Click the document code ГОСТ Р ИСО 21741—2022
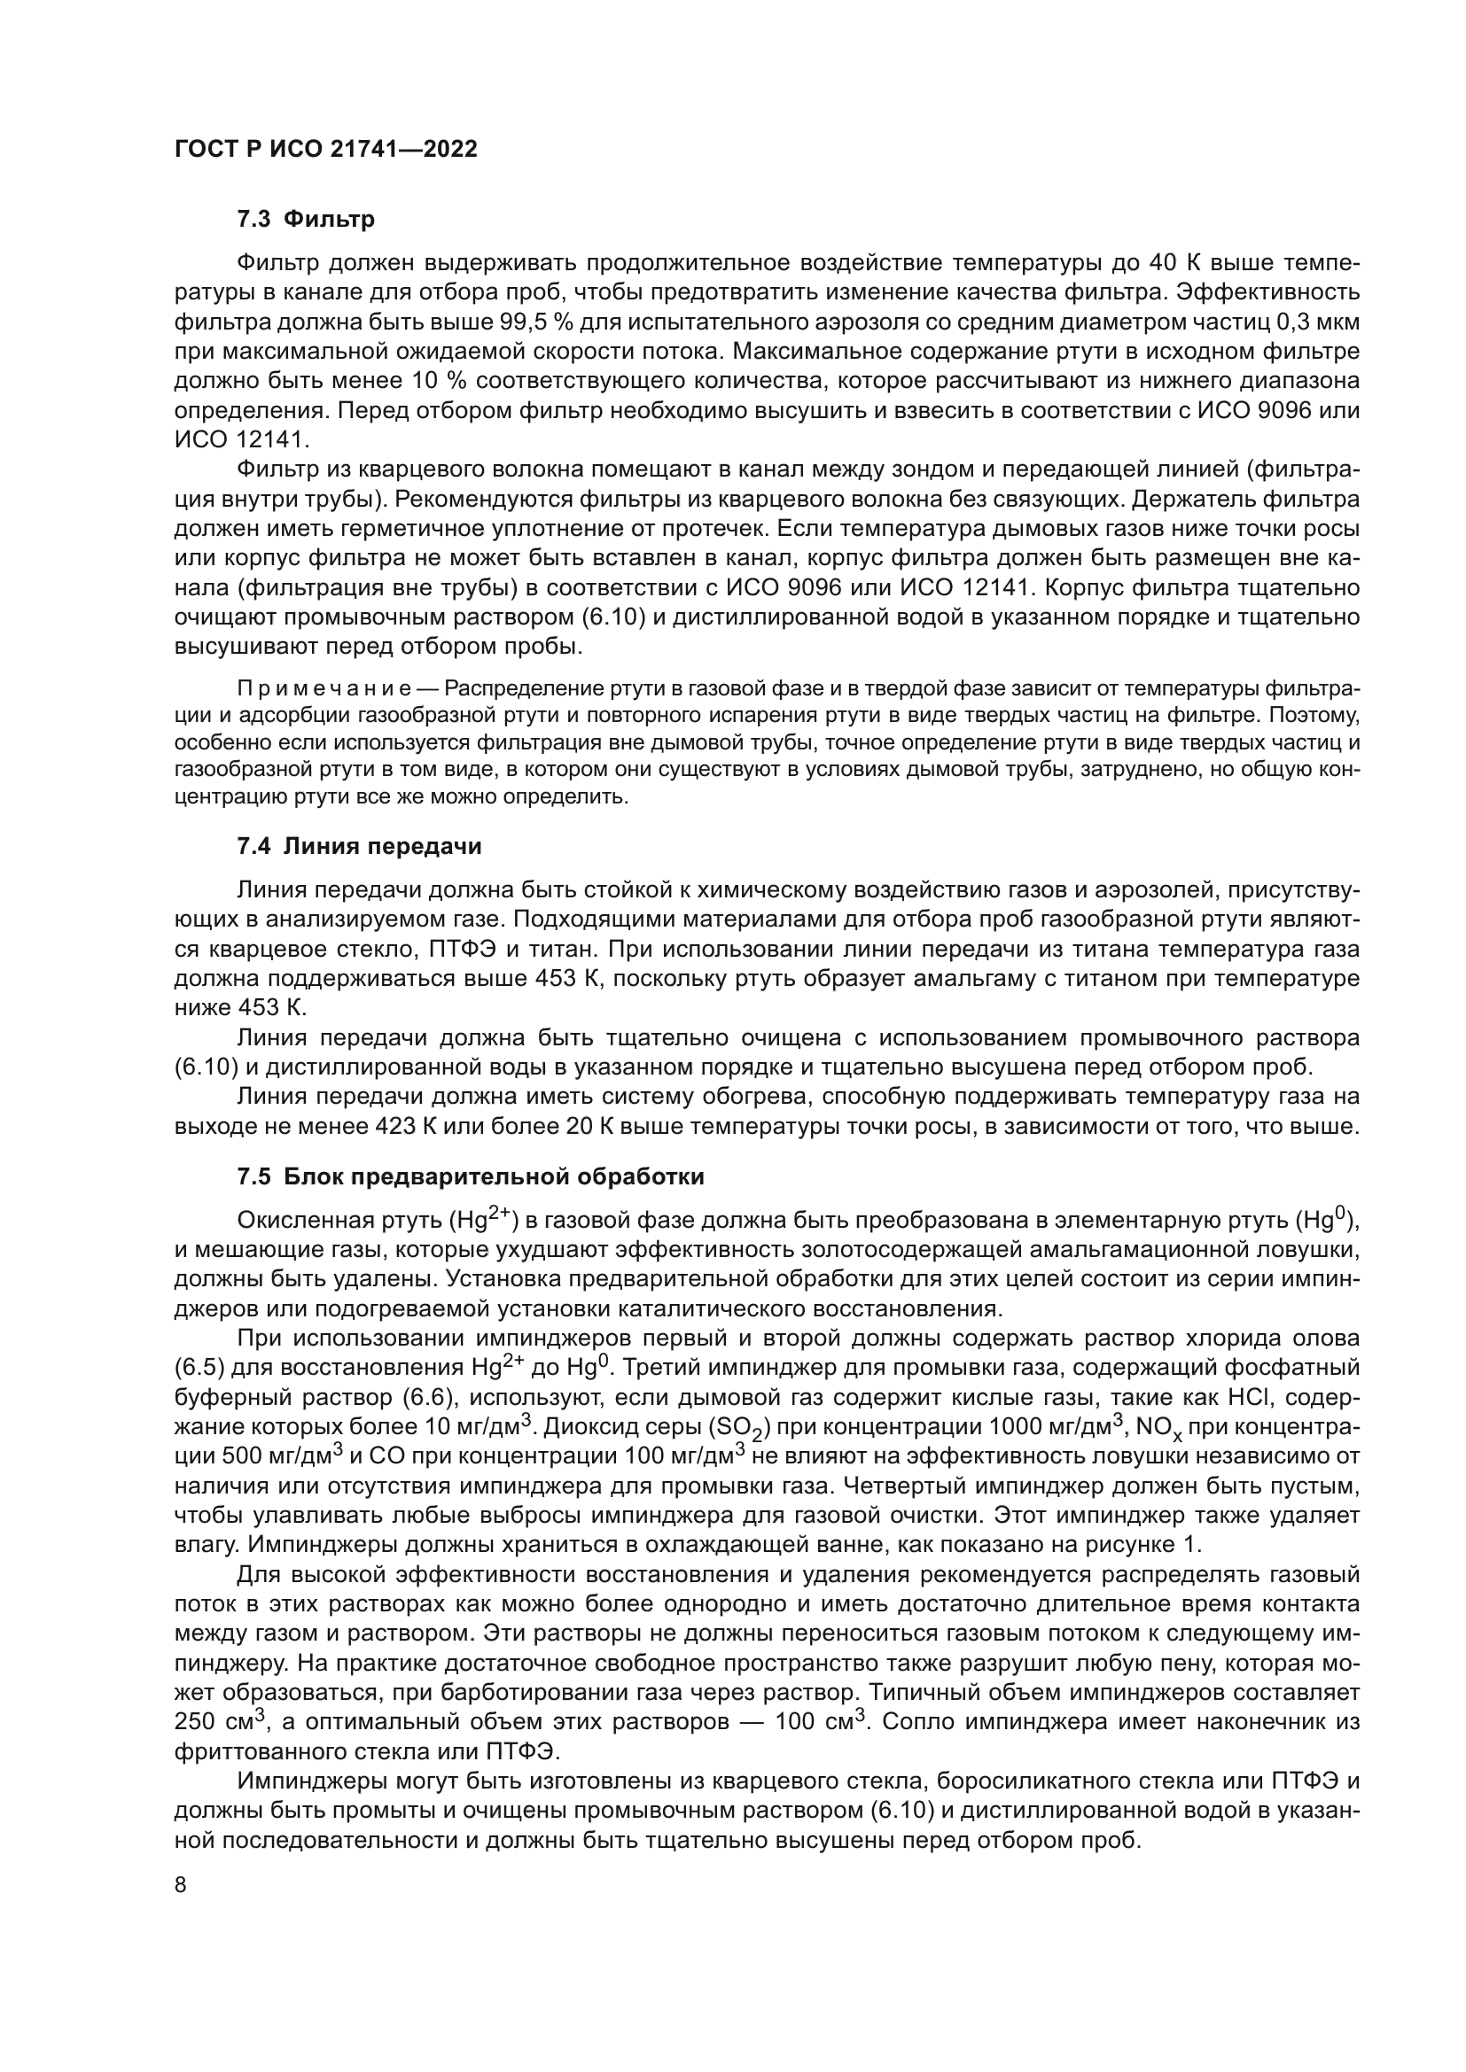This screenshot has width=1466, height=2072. click(x=325, y=149)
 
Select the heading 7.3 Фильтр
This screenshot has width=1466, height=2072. click(x=305, y=219)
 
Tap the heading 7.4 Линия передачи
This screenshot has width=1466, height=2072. click(x=358, y=846)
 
